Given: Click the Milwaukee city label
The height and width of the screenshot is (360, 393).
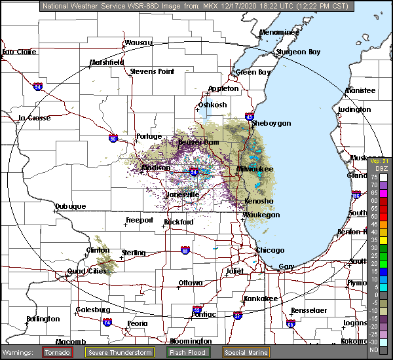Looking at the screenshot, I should pyautogui.click(x=255, y=169).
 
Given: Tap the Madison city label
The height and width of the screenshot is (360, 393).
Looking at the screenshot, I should pyautogui.click(x=156, y=168).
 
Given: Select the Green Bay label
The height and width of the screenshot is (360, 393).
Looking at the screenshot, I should pyautogui.click(x=253, y=72).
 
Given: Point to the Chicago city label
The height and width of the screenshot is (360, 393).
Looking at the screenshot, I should pyautogui.click(x=271, y=251).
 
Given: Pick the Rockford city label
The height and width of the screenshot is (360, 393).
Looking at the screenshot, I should pyautogui.click(x=179, y=223).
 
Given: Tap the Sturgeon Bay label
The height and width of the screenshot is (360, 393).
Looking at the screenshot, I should pyautogui.click(x=298, y=52).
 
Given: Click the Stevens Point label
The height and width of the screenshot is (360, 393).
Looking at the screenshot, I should pyautogui.click(x=152, y=71).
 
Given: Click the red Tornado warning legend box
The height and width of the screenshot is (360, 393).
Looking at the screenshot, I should pyautogui.click(x=58, y=353).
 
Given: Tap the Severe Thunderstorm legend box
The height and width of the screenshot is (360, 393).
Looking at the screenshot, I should pyautogui.click(x=120, y=353).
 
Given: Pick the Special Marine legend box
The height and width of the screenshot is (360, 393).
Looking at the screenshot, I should pyautogui.click(x=246, y=353).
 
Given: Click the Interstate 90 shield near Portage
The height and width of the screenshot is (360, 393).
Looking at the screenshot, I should pyautogui.click(x=113, y=138).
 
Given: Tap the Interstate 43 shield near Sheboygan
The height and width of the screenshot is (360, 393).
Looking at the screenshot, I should pyautogui.click(x=250, y=116).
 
